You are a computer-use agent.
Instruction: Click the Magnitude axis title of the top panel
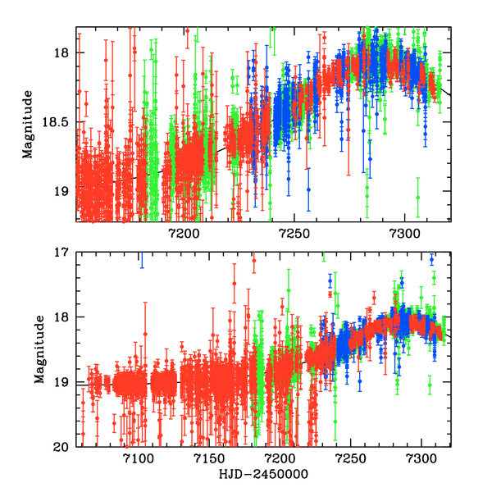coord(28,125)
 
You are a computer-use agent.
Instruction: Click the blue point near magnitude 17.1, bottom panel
coord(432,260)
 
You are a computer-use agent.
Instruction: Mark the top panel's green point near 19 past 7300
coord(417,198)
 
